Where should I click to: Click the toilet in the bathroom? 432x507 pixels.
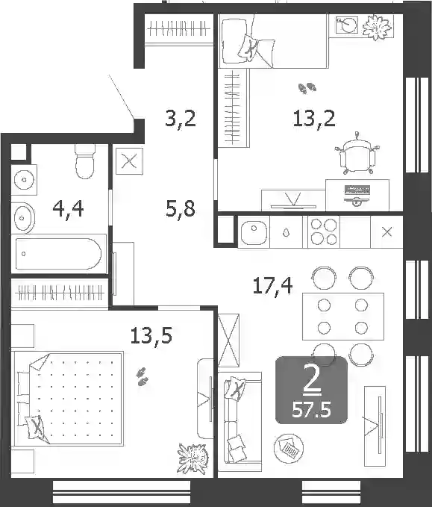(x=85, y=161)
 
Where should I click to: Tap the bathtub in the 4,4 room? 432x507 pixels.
(x=58, y=254)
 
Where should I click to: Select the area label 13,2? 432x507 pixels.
(x=314, y=119)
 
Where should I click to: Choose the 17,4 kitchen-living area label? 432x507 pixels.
(x=273, y=285)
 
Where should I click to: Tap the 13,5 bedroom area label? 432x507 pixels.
(x=151, y=336)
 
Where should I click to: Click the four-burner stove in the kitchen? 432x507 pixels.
(x=324, y=231)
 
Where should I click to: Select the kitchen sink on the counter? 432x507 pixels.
(x=254, y=231)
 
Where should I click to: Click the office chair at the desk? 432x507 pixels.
(x=357, y=155)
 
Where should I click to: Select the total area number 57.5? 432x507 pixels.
(x=311, y=411)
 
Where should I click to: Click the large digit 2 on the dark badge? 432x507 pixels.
(x=312, y=382)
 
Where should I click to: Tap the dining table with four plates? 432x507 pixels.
(x=343, y=317)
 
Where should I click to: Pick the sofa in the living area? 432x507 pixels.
(x=239, y=420)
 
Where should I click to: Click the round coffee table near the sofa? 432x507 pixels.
(x=289, y=448)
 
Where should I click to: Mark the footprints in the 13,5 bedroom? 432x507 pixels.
(x=143, y=377)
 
